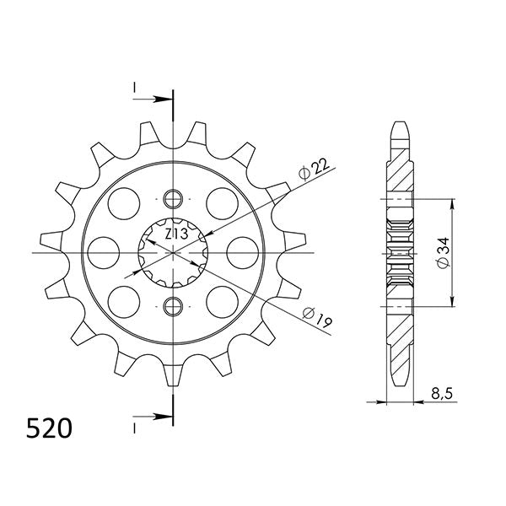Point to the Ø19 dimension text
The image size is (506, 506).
point(315,318)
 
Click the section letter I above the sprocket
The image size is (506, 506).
point(133,88)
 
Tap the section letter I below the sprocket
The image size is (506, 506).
point(133,428)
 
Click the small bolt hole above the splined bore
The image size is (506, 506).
point(173,200)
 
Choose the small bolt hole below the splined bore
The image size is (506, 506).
point(173,304)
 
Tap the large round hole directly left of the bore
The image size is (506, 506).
point(105,251)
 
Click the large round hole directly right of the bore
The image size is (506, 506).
point(243,251)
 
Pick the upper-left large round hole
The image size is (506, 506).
point(125,202)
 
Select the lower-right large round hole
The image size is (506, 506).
point(222,300)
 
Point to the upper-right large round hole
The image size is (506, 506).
point(222,202)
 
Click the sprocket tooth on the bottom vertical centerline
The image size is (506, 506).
point(173,375)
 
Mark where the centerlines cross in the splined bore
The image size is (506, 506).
point(173,252)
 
